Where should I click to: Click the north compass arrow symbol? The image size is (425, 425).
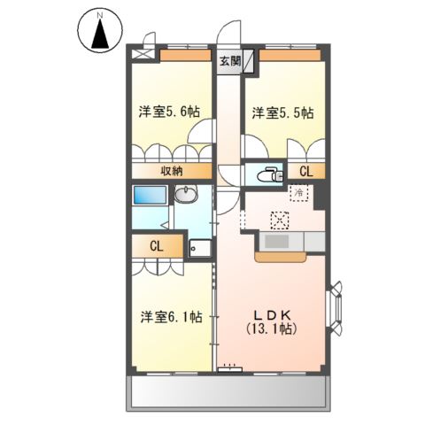click(100, 33)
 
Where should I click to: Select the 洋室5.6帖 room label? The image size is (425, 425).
click(168, 112)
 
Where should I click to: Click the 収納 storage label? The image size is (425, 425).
click(172, 172)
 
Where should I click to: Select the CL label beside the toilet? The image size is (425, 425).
click(305, 172)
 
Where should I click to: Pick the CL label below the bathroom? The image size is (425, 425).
click(156, 246)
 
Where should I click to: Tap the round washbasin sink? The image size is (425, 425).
click(186, 196)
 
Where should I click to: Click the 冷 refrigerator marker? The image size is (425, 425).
click(300, 192)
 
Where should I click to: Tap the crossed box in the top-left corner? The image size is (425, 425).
click(140, 53)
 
